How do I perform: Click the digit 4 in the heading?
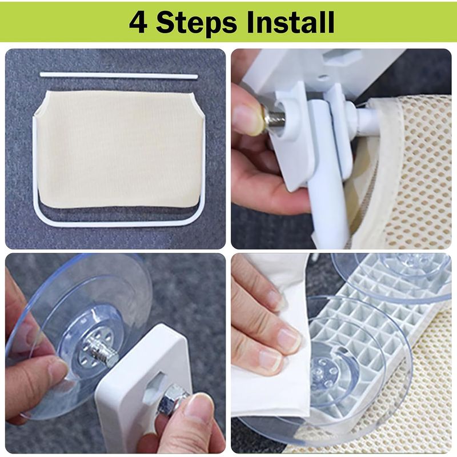point(138,22)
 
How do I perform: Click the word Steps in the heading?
point(197,23)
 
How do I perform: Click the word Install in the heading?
point(290,22)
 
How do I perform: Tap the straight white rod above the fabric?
point(119,75)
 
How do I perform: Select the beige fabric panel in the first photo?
point(120,149)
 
